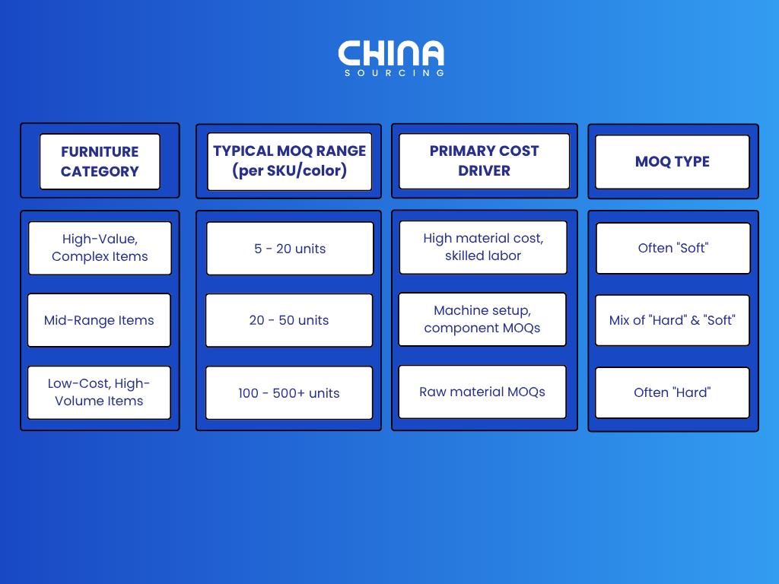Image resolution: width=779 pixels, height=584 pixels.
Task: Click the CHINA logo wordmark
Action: [391, 53]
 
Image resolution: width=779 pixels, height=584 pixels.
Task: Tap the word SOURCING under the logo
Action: [395, 73]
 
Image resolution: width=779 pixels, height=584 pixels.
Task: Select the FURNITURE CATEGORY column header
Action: [100, 161]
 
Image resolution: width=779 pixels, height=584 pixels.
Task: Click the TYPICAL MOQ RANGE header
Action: [290, 161]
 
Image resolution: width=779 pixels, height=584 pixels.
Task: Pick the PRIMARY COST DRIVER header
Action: [485, 161]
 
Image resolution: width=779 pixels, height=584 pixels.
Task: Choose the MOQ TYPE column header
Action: [672, 162]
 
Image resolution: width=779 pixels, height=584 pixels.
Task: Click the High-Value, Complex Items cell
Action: [100, 248]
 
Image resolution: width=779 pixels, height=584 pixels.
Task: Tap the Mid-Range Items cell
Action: [100, 320]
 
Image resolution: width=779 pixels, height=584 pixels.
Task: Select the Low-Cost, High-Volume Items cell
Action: [100, 392]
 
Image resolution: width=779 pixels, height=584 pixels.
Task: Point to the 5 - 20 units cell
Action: [290, 249]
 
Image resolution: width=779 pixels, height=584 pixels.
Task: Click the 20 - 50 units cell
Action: [289, 320]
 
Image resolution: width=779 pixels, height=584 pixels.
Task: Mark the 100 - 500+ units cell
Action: [289, 393]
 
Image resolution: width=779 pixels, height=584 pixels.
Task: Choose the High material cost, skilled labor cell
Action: [483, 247]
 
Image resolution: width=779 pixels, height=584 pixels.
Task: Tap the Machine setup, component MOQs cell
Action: [482, 319]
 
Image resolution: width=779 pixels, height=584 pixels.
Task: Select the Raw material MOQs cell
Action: [482, 392]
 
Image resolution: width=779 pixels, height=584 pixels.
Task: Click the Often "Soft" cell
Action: [673, 249]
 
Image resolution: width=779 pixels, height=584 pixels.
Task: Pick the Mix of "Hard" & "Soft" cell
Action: [672, 320]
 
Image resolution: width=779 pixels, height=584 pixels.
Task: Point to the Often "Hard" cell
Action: [672, 393]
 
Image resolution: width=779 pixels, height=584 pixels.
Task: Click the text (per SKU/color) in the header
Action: [290, 171]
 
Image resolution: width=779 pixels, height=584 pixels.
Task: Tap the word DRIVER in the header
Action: [485, 171]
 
